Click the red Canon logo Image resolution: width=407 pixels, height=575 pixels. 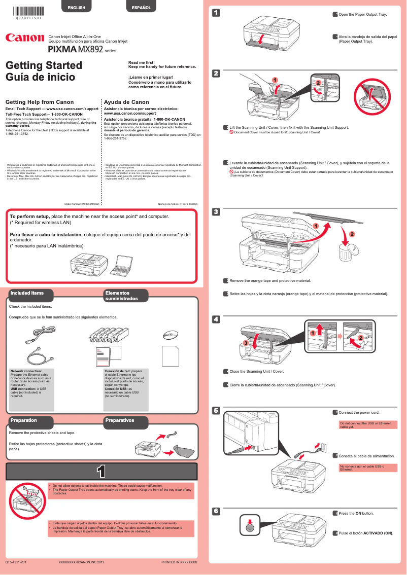click(x=24, y=39)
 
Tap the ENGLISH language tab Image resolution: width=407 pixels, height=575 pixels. click(x=76, y=8)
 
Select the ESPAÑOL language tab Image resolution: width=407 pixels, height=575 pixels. click(x=141, y=8)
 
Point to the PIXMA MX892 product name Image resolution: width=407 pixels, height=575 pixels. click(x=77, y=50)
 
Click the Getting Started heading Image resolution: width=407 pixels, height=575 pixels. click(x=44, y=65)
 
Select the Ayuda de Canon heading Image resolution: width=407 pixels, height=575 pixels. click(x=126, y=102)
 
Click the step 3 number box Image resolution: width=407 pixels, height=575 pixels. click(x=216, y=211)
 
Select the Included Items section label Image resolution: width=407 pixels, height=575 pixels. click(x=27, y=293)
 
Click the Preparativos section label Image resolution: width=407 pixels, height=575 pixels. click(x=120, y=420)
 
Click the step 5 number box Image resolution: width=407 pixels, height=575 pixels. click(x=216, y=410)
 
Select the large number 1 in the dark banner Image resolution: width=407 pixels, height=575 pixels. click(x=101, y=472)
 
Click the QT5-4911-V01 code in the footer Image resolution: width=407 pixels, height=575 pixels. click(x=16, y=563)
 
